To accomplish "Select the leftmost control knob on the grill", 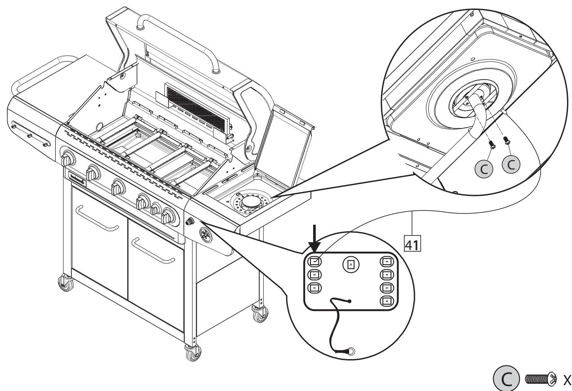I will [x=69, y=160].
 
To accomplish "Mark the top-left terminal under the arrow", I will [x=315, y=261].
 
